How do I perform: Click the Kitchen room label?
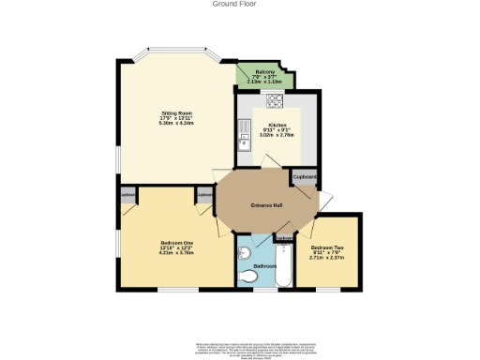[x=277, y=125]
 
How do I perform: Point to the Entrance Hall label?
[x=266, y=205]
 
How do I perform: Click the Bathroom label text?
[x=264, y=266]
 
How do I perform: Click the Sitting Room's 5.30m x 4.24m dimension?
[x=174, y=123]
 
